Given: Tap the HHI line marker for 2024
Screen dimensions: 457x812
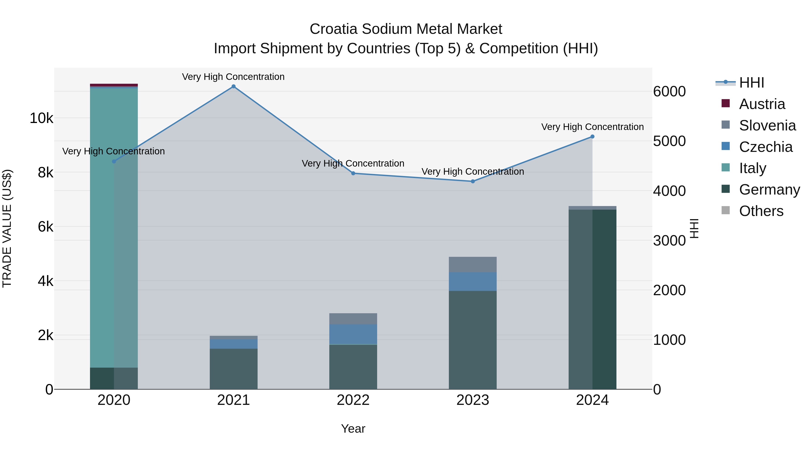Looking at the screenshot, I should click(592, 137).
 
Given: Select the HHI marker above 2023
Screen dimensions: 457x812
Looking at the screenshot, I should click(473, 181).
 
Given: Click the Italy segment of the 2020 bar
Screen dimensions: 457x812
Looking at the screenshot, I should click(114, 227).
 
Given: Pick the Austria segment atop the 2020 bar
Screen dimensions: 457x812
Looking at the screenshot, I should click(114, 85).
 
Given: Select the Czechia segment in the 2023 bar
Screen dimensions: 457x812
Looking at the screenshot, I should click(473, 281).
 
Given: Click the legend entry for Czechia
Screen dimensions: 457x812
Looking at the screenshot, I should click(765, 147).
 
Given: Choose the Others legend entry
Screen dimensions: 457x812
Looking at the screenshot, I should click(761, 211).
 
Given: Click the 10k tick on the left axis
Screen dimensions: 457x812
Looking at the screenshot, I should click(41, 118).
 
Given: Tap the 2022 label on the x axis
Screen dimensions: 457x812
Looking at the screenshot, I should click(353, 400).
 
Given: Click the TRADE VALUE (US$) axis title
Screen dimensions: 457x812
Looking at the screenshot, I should click(7, 228).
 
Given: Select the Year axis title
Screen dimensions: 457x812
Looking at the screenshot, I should click(353, 429).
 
